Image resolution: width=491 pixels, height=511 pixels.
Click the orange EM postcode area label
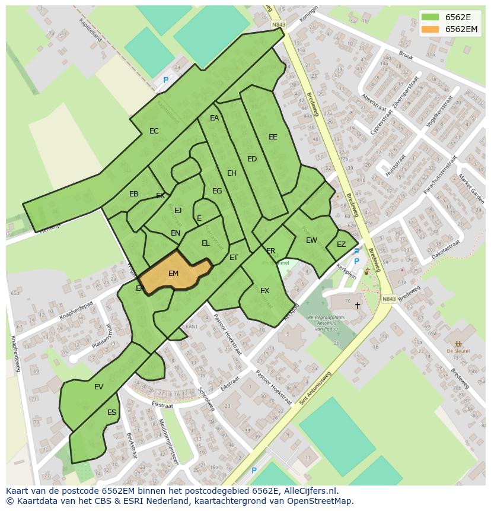tap(173, 274)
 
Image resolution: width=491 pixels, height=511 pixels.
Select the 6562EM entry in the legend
tap(461, 29)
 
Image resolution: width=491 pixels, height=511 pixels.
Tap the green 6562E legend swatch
tap(431, 17)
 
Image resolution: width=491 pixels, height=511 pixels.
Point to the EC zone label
tap(154, 131)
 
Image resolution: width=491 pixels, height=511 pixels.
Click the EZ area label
tap(341, 245)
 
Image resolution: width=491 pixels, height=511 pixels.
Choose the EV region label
tap(98, 387)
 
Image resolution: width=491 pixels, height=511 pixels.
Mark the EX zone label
tap(265, 291)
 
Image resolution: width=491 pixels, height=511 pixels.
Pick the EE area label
tap(273, 137)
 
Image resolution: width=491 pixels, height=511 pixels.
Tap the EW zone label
tap(311, 240)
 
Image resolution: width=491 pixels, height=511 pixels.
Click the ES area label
tap(111, 412)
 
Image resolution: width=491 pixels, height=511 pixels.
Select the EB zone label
tap(134, 194)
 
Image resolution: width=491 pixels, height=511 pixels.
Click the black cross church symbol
tap(357, 306)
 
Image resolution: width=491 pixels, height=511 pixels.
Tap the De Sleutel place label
tap(458, 351)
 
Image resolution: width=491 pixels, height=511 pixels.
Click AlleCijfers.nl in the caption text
tap(308, 491)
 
